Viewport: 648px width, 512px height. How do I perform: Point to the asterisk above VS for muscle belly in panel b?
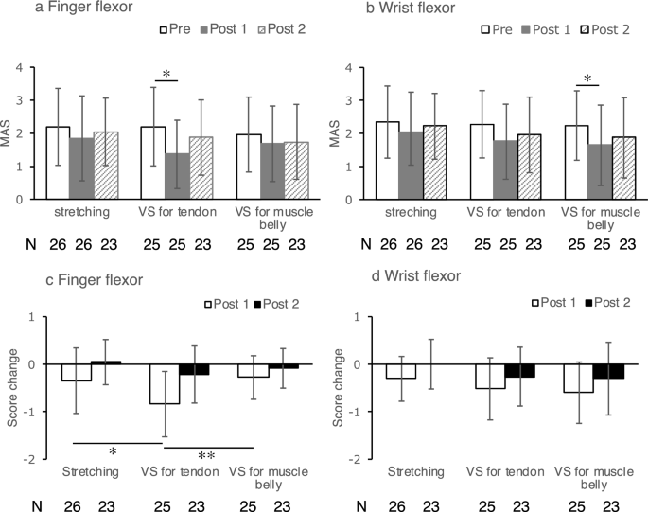[587, 79]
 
